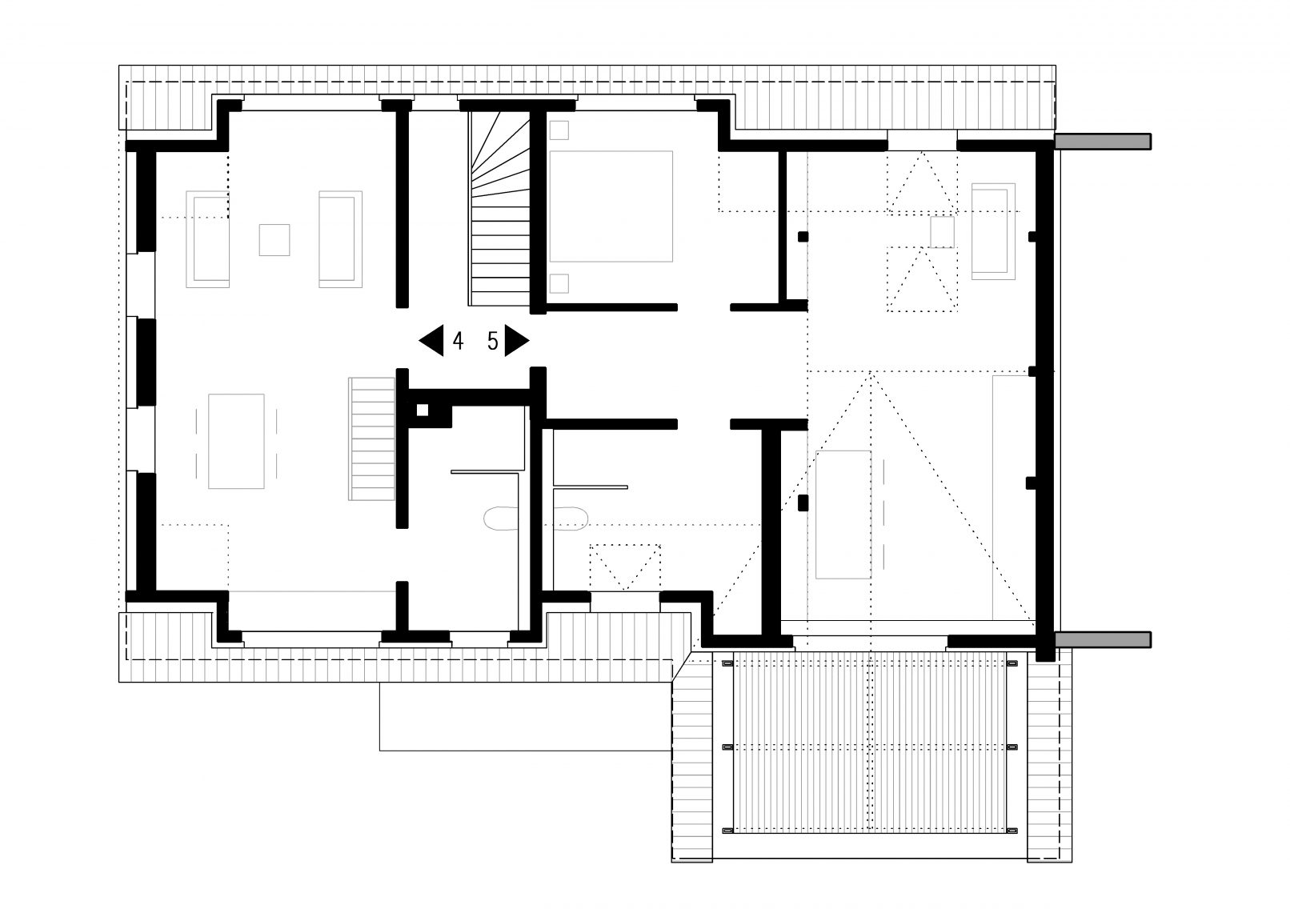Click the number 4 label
point(458,341)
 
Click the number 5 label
point(492,341)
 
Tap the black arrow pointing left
point(431,340)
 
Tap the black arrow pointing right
point(517,340)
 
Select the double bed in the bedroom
point(611,206)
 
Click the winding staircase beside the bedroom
point(500,208)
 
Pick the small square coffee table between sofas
point(274,239)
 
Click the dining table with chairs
point(236,441)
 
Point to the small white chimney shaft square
point(422,410)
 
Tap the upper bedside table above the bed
point(559,130)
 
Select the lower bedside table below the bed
point(559,283)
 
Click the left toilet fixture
point(501,518)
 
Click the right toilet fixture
point(570,518)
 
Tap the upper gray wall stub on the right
point(1103,142)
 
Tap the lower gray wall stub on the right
point(1103,639)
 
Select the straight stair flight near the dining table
point(372,438)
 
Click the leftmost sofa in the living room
point(207,239)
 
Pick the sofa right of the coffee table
point(340,239)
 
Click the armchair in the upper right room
point(993,231)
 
